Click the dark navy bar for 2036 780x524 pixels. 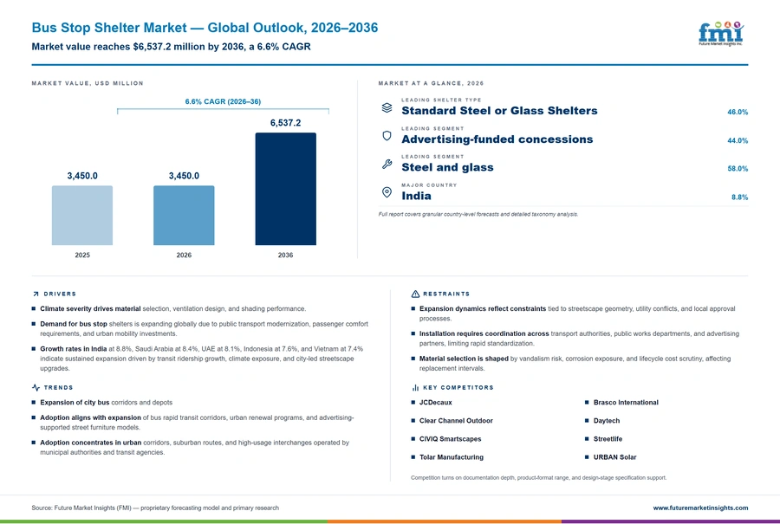point(285,189)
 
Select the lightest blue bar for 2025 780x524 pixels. point(82,216)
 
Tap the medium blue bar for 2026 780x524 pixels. point(184,216)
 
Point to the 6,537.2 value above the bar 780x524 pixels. point(285,123)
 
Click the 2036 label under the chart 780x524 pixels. point(285,255)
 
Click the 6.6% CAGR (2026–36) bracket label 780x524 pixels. point(223,101)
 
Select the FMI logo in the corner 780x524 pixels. point(721,34)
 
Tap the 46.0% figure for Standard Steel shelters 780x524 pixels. point(738,112)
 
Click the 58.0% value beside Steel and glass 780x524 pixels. point(738,169)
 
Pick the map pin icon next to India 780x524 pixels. point(387,192)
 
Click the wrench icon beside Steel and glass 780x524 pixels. point(387,164)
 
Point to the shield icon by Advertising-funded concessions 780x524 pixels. point(387,136)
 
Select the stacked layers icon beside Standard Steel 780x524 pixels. point(387,107)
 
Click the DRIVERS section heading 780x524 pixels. point(60,294)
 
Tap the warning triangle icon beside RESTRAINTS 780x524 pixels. point(415,294)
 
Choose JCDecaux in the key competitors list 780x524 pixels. point(435,402)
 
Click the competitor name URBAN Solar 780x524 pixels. point(614,457)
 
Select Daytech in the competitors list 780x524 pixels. point(607,421)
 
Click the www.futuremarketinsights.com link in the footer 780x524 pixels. point(700,508)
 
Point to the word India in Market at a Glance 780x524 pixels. point(416,196)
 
